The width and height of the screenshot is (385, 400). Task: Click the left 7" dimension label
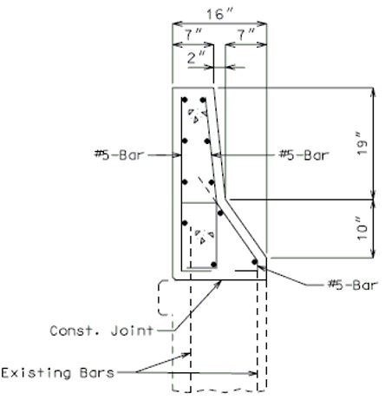pos(193,35)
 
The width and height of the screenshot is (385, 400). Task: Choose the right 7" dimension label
pos(245,35)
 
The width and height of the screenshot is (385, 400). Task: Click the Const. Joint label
pos(101,331)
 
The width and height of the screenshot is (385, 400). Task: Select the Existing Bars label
pos(58,372)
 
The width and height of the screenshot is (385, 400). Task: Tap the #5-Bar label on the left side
pos(119,154)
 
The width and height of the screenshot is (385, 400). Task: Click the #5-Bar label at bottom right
pos(353,285)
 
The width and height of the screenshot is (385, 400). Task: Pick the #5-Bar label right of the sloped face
pos(303,154)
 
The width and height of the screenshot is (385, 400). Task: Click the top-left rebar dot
pos(185,100)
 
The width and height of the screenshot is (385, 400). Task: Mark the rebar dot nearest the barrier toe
pos(254,262)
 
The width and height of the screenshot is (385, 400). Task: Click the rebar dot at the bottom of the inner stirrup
pos(214,265)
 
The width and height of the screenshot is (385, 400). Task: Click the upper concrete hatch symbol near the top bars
pos(198,115)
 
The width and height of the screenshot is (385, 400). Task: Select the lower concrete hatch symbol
pos(205,236)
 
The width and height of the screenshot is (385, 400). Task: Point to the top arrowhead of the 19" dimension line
pos(373,92)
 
